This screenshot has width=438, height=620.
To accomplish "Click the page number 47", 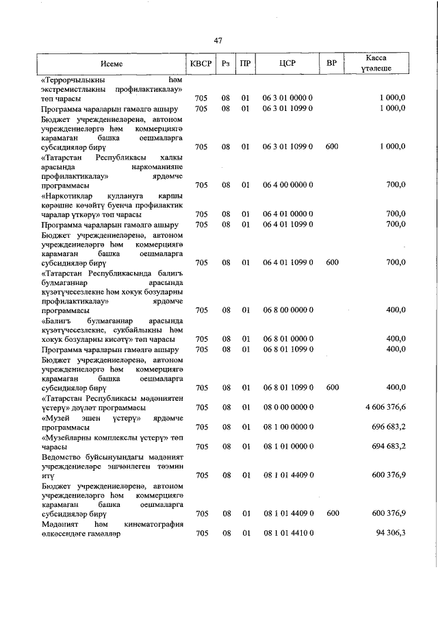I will point(218,41).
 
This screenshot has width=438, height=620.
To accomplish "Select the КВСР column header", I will point(201,64).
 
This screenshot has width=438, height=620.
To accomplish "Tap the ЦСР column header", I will point(287,64).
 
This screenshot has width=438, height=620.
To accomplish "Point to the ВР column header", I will point(332,64).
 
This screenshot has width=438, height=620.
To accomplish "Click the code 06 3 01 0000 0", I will point(287,99).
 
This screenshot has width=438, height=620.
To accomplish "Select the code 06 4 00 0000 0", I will point(287,185).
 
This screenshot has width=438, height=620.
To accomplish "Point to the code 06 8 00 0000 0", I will point(287,310).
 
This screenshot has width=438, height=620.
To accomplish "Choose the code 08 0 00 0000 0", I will point(287,408).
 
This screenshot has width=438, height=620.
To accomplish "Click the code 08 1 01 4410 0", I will point(287,534).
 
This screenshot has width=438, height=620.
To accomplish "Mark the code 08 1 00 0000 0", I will point(287,427).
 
